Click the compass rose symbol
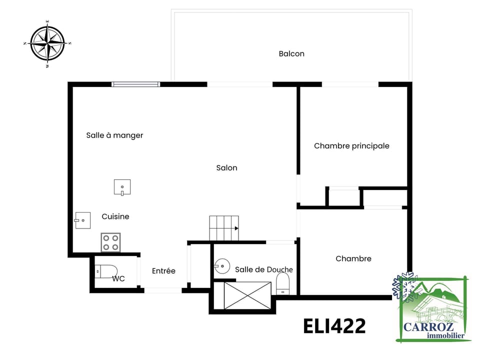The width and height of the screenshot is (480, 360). point(47,43)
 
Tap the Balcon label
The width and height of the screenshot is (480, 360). point(291,53)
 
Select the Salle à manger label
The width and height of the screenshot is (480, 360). point(114,135)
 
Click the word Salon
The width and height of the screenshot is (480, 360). point(226,168)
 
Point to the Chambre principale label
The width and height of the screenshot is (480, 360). point(351,146)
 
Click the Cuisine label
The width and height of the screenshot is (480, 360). point(115,216)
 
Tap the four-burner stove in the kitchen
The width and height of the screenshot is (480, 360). point(110,242)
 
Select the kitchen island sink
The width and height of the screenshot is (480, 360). point(122,187)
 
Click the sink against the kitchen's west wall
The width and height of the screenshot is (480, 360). point(82,220)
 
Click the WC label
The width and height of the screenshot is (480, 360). point(118,279)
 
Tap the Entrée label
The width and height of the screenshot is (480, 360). point(163,271)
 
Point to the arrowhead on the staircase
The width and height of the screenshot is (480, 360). point(236,228)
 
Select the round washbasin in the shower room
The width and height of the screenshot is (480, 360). point(221,265)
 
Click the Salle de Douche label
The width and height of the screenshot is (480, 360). point(263,269)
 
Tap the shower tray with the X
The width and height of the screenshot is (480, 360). point(247,295)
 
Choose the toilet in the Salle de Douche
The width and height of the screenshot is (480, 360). point(283,283)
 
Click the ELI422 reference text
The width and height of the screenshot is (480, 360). point(334,326)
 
